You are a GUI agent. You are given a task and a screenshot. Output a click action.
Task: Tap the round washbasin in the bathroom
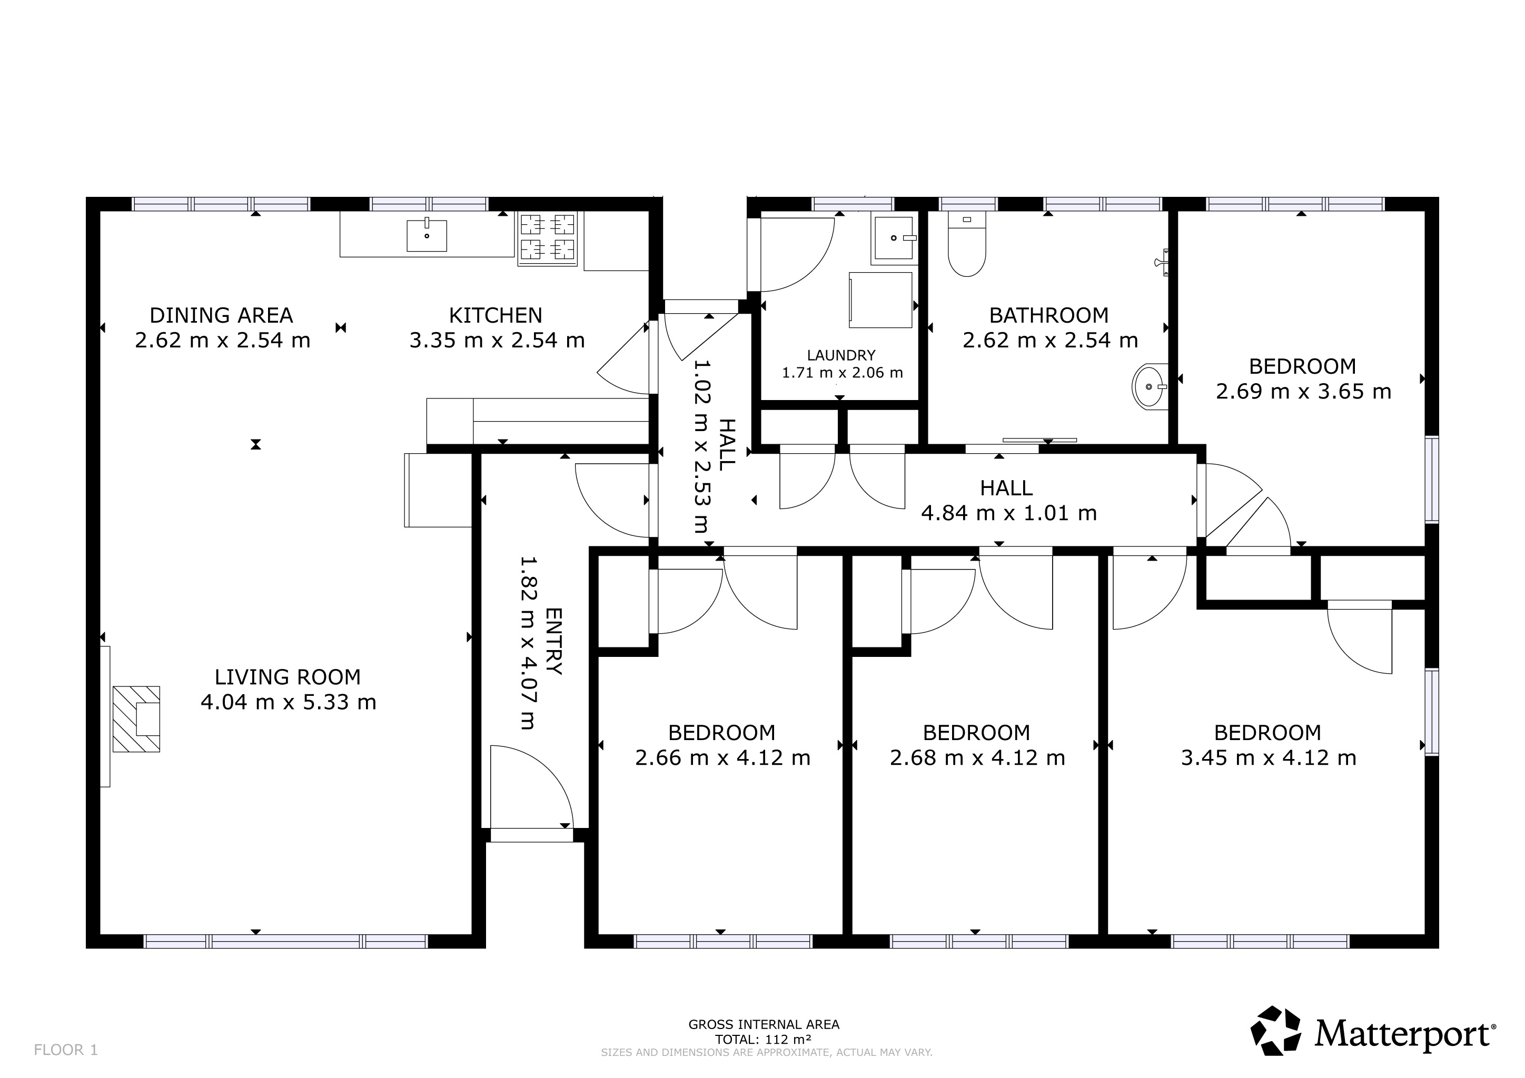[x=1150, y=386]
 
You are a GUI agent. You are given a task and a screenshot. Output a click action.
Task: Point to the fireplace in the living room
[x=136, y=719]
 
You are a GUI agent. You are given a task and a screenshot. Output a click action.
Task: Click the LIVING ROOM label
[x=288, y=677]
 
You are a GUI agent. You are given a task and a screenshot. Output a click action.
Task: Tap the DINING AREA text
[x=221, y=315]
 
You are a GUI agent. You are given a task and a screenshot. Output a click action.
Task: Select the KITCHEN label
[x=496, y=315]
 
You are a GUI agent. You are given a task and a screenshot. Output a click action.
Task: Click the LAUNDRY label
[x=841, y=355]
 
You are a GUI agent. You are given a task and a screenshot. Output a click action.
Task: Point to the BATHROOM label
[x=1049, y=315]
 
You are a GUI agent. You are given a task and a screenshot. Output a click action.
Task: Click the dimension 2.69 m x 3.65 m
[x=1303, y=392]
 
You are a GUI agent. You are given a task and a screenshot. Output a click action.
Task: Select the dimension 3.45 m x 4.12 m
[x=1268, y=757]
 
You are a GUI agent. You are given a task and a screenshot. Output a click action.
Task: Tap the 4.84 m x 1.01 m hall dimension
[x=1008, y=513]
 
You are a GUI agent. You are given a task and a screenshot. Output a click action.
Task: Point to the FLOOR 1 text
[x=66, y=1050]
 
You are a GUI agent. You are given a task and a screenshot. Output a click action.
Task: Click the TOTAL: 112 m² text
[x=763, y=1040]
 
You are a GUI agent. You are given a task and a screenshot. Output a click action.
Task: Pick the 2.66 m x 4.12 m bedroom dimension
[x=722, y=757]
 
